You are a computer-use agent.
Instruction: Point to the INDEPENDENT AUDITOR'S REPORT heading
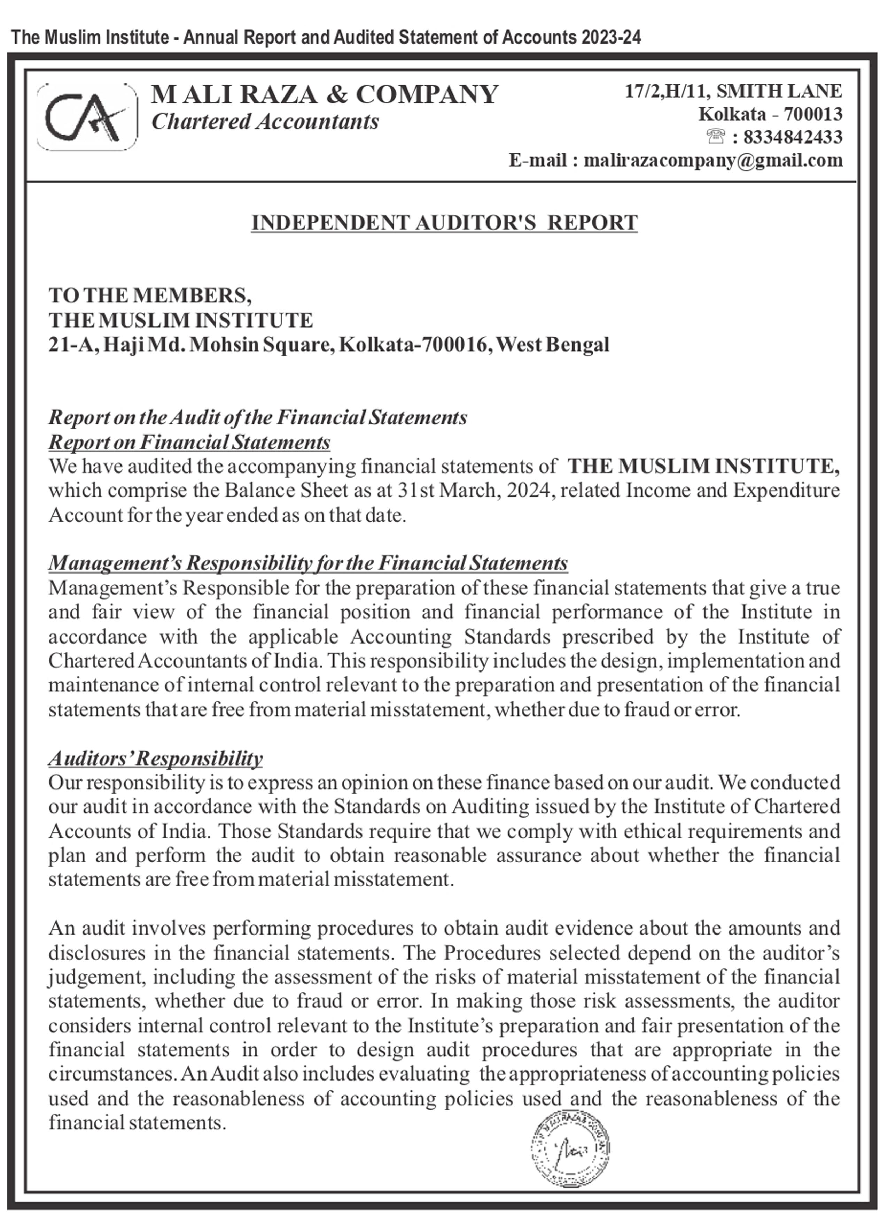(444, 223)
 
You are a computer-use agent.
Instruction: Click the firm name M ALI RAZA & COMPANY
(325, 95)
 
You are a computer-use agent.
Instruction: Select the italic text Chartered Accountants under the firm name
(265, 122)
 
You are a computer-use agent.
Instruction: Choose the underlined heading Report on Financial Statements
(189, 443)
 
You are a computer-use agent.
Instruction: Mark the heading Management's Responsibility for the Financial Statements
(308, 563)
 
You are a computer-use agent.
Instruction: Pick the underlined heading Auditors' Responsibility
(156, 758)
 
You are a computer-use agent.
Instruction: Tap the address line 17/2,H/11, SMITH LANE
(733, 91)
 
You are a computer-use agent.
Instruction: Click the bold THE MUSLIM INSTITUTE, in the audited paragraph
(704, 467)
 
